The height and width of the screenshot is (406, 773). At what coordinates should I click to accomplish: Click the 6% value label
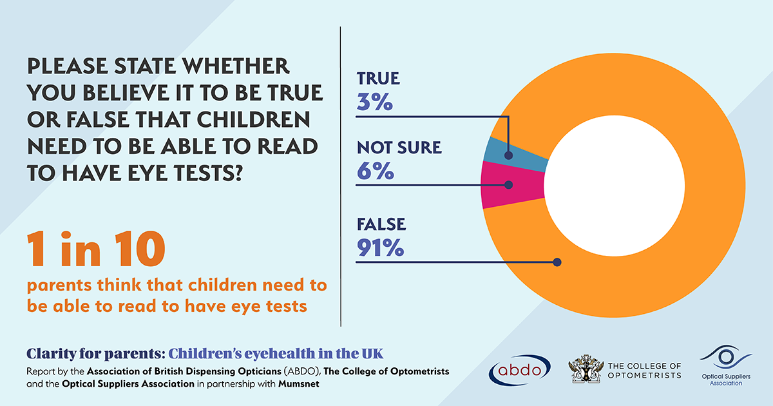tap(375, 171)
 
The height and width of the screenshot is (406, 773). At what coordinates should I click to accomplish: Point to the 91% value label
tap(380, 248)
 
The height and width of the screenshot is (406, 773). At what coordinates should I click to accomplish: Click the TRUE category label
tap(378, 79)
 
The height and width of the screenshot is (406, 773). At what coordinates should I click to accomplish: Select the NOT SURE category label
tap(399, 148)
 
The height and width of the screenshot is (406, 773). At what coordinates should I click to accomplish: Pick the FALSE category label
tap(381, 224)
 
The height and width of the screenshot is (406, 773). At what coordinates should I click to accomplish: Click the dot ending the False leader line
tap(557, 262)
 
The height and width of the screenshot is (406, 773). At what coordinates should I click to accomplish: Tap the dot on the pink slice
tap(509, 185)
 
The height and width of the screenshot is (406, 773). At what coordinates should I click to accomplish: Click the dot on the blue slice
tap(509, 155)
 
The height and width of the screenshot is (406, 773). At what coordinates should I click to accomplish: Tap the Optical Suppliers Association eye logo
tap(725, 356)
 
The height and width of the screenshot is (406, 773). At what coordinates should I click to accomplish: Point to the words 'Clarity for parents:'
tap(95, 354)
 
